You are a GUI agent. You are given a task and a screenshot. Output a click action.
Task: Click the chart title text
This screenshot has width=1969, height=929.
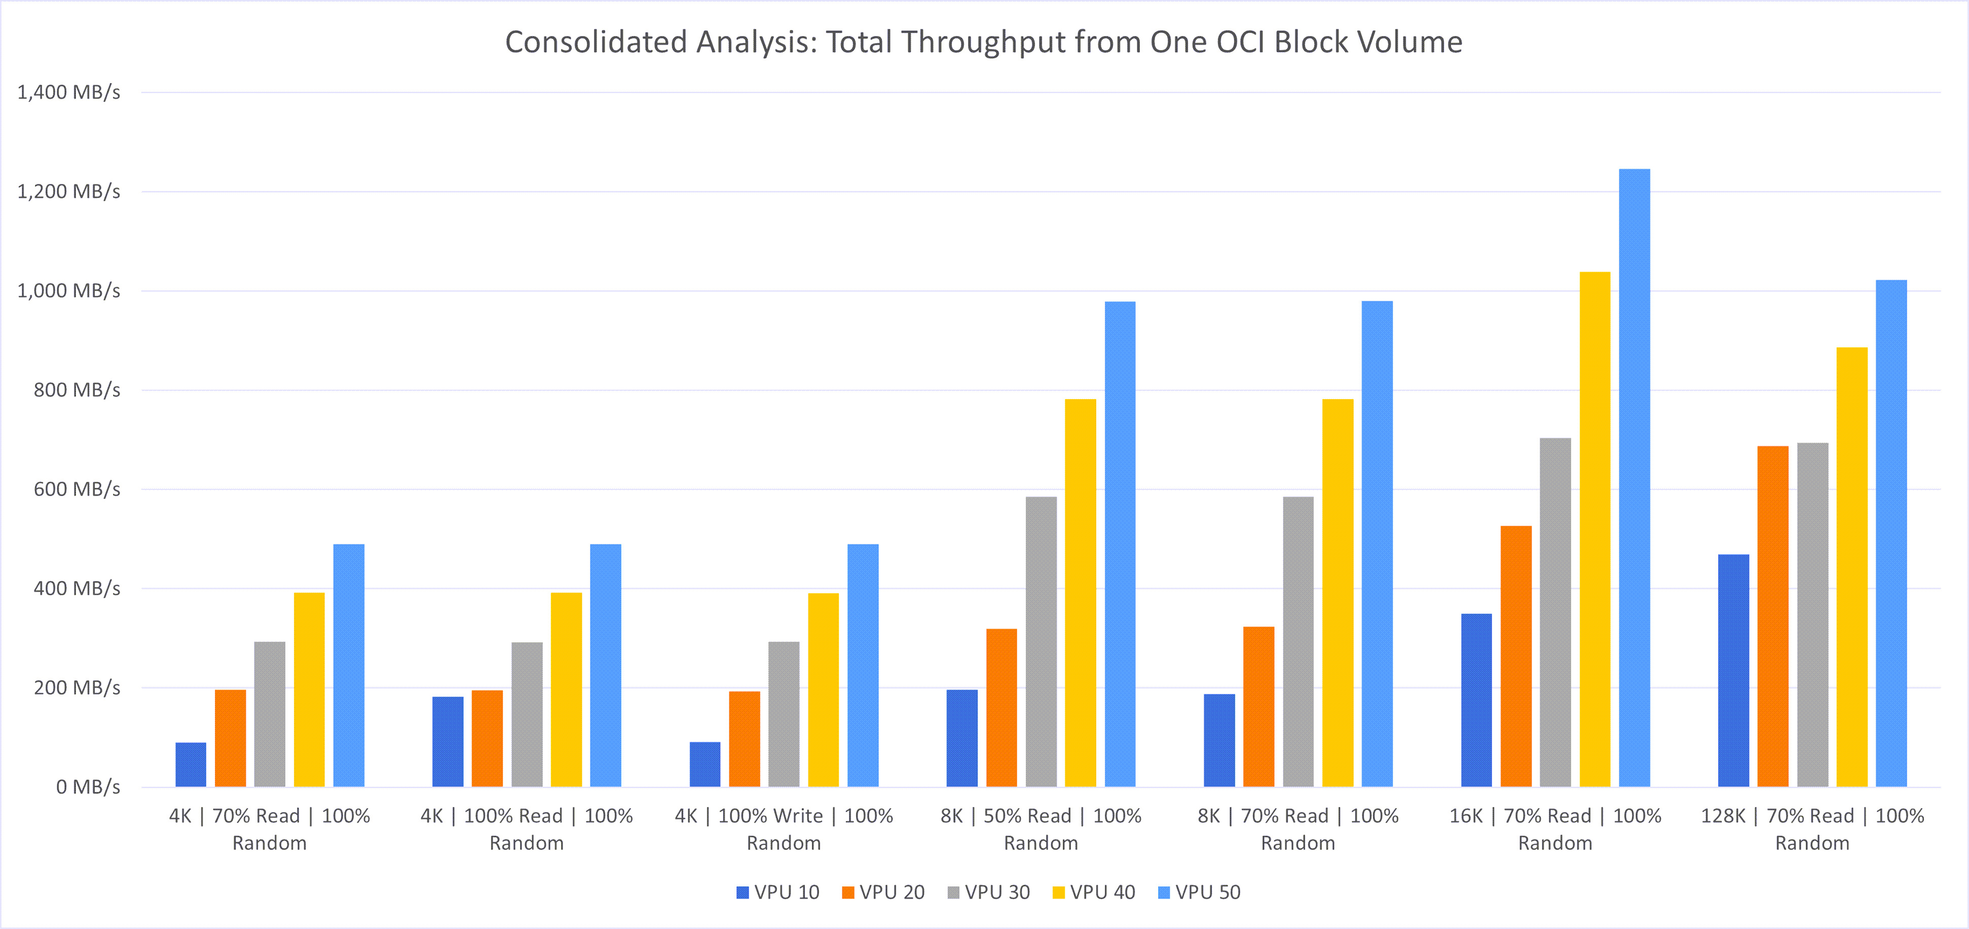(984, 42)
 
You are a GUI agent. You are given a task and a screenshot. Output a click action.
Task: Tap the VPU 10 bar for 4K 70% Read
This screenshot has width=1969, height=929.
(191, 764)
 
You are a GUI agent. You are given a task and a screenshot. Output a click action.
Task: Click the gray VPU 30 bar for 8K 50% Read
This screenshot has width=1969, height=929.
(1041, 642)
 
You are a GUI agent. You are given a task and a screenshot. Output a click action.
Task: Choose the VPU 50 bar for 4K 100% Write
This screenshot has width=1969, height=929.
(863, 665)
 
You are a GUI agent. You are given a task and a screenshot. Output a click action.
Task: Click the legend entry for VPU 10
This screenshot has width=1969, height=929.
(777, 893)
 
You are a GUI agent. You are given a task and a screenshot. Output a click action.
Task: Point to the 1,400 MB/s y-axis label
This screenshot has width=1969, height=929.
(69, 92)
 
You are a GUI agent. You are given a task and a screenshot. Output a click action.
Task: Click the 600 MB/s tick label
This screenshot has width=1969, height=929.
(77, 489)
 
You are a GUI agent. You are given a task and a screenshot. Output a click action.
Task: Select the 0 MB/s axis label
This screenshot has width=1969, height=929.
(88, 787)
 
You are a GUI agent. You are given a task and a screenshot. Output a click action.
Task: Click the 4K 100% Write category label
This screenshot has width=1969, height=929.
(784, 829)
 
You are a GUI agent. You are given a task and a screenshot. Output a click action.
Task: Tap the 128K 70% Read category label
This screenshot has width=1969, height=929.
(1811, 829)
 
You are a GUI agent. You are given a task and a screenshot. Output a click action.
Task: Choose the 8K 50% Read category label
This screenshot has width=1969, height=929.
(1041, 829)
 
